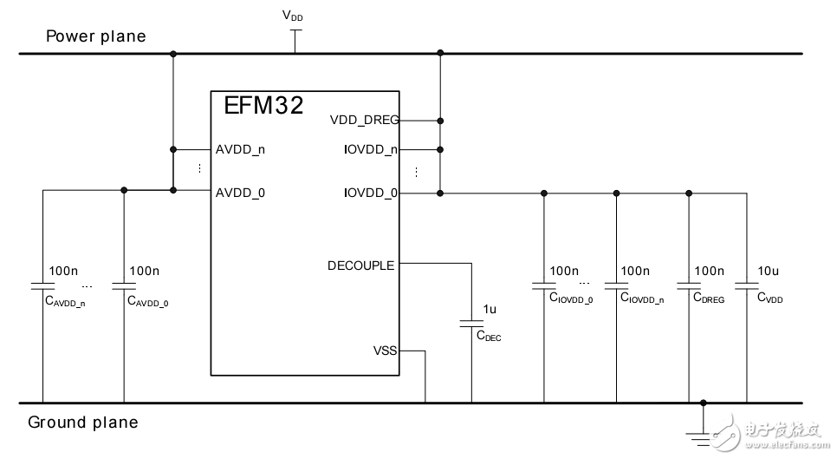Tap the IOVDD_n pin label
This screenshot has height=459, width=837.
pos(370,148)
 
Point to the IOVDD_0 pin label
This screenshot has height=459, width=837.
pos(370,193)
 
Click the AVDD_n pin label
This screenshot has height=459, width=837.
pos(240,148)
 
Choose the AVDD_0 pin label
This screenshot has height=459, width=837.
pos(240,193)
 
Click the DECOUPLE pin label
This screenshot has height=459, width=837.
pos(360,265)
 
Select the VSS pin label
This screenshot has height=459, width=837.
pos(385,351)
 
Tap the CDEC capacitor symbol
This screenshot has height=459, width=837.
pos(472,324)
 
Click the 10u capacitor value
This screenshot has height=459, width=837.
pos(769,272)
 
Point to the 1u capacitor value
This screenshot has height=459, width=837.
pos(490,308)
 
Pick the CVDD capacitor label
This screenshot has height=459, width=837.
pos(769,298)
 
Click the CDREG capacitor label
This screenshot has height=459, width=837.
pos(708,298)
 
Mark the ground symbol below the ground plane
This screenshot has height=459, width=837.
pos(704,433)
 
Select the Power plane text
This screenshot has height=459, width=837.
pos(95,36)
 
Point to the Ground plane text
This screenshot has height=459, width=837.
pos(83,423)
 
